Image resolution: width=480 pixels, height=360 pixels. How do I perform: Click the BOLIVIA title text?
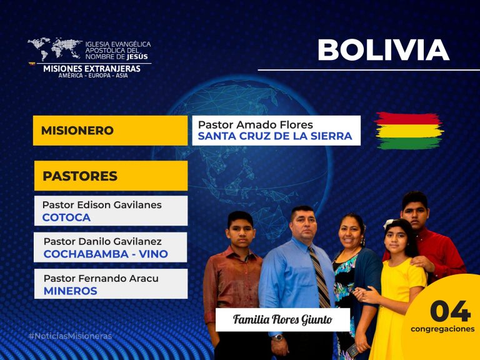coord(384,50)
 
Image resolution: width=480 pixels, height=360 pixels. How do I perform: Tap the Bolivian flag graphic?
coord(409,131)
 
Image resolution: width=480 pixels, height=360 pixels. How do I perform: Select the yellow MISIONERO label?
coord(110,131)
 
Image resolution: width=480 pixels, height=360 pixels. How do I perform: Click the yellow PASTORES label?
coord(111,176)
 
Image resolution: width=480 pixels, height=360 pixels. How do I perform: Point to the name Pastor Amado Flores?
coord(255,125)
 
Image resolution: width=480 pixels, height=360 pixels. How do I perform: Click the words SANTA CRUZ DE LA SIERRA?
coord(275,136)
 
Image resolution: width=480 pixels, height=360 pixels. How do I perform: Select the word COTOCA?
coord(66,217)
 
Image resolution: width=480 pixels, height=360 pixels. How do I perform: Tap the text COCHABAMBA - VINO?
coord(106,254)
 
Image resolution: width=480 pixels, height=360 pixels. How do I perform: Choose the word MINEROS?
coord(71,291)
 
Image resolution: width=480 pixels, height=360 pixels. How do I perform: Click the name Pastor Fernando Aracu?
coord(101,279)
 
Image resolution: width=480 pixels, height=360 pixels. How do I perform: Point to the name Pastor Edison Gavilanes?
coord(102,205)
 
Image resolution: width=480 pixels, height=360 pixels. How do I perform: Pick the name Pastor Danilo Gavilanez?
coord(102,241)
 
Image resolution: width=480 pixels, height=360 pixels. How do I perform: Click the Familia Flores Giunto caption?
coord(282,319)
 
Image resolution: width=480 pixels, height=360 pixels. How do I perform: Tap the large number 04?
coord(450,311)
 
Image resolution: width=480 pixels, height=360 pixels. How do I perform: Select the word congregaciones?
coord(442,329)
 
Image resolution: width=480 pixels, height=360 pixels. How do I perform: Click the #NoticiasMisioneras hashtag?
coord(70,336)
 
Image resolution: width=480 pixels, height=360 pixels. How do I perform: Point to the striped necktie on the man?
coord(319,277)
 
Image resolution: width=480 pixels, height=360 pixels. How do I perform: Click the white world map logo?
coord(55,48)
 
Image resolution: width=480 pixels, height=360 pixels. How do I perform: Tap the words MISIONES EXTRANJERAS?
coord(92,69)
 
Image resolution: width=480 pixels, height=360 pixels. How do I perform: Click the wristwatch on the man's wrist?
coord(278,337)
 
